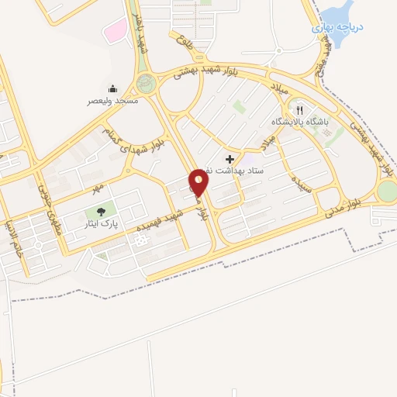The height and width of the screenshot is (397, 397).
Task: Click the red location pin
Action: pyautogui.click(x=199, y=183)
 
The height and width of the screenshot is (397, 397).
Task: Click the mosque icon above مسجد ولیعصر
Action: pyautogui.click(x=113, y=88)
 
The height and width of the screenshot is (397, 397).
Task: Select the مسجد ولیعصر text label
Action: pyautogui.click(x=113, y=101)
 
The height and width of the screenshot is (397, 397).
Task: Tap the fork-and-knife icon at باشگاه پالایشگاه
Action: pyautogui.click(x=300, y=110)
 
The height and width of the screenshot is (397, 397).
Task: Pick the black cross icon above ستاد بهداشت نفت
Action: pyautogui.click(x=229, y=158)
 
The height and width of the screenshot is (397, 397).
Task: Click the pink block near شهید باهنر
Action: pyautogui.click(x=116, y=32)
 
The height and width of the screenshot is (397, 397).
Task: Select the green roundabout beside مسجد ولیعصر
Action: pyautogui.click(x=146, y=82)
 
